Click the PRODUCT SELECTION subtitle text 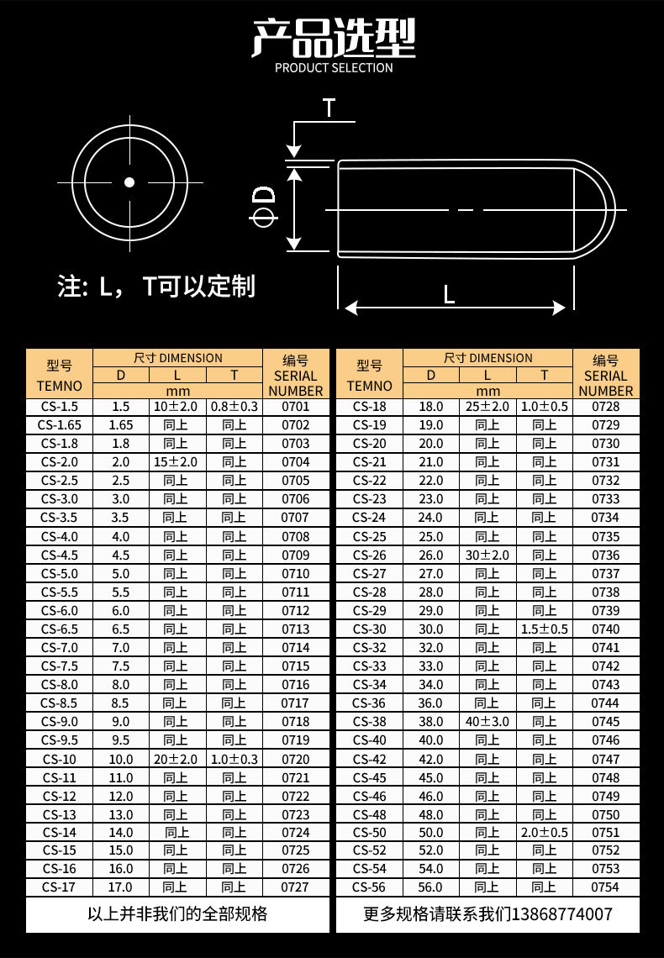click(x=334, y=68)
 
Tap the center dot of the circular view click(x=129, y=182)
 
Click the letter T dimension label click(x=329, y=108)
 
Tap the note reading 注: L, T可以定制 click(x=155, y=287)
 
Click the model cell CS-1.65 click(x=60, y=425)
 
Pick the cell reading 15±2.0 click(x=176, y=462)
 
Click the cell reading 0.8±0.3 click(x=235, y=407)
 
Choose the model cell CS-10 click(x=60, y=759)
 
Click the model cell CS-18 click(x=369, y=407)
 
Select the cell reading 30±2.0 click(x=487, y=555)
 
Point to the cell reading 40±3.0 click(x=487, y=722)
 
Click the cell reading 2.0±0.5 click(x=545, y=833)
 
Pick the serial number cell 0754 click(x=605, y=887)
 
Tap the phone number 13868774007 click(x=561, y=914)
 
